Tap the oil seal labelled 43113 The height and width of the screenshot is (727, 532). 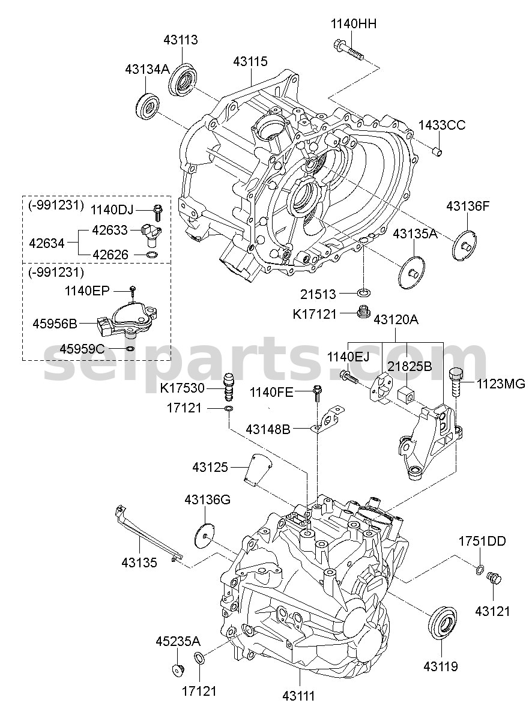(183, 80)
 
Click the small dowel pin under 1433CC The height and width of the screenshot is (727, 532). (438, 151)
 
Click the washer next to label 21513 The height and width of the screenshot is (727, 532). (363, 293)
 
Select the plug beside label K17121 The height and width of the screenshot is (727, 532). (364, 312)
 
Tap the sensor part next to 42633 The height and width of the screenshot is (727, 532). (151, 235)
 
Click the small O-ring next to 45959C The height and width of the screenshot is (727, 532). (130, 349)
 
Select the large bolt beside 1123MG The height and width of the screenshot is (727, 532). (456, 383)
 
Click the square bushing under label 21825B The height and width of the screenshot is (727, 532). (405, 394)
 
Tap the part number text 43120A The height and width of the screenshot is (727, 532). (396, 320)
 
